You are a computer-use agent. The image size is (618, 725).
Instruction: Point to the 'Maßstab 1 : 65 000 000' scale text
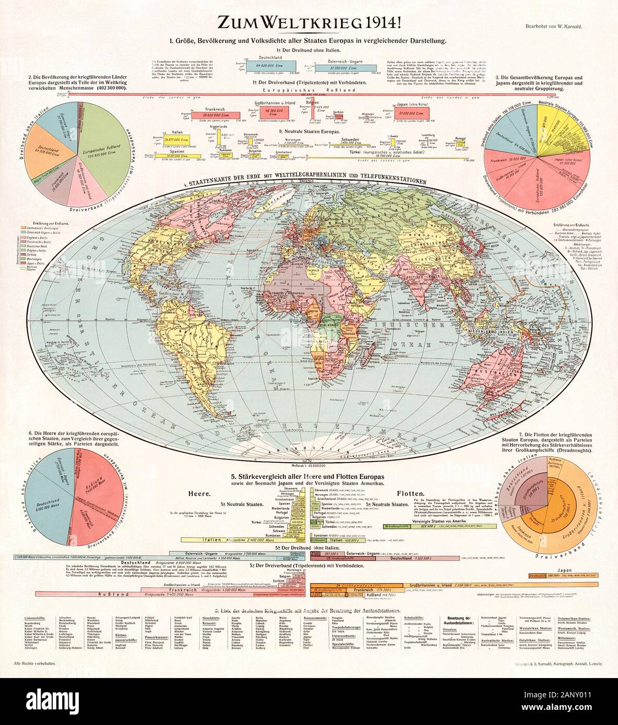point(309,465)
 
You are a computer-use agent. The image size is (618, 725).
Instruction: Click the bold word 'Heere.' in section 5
point(200,492)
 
